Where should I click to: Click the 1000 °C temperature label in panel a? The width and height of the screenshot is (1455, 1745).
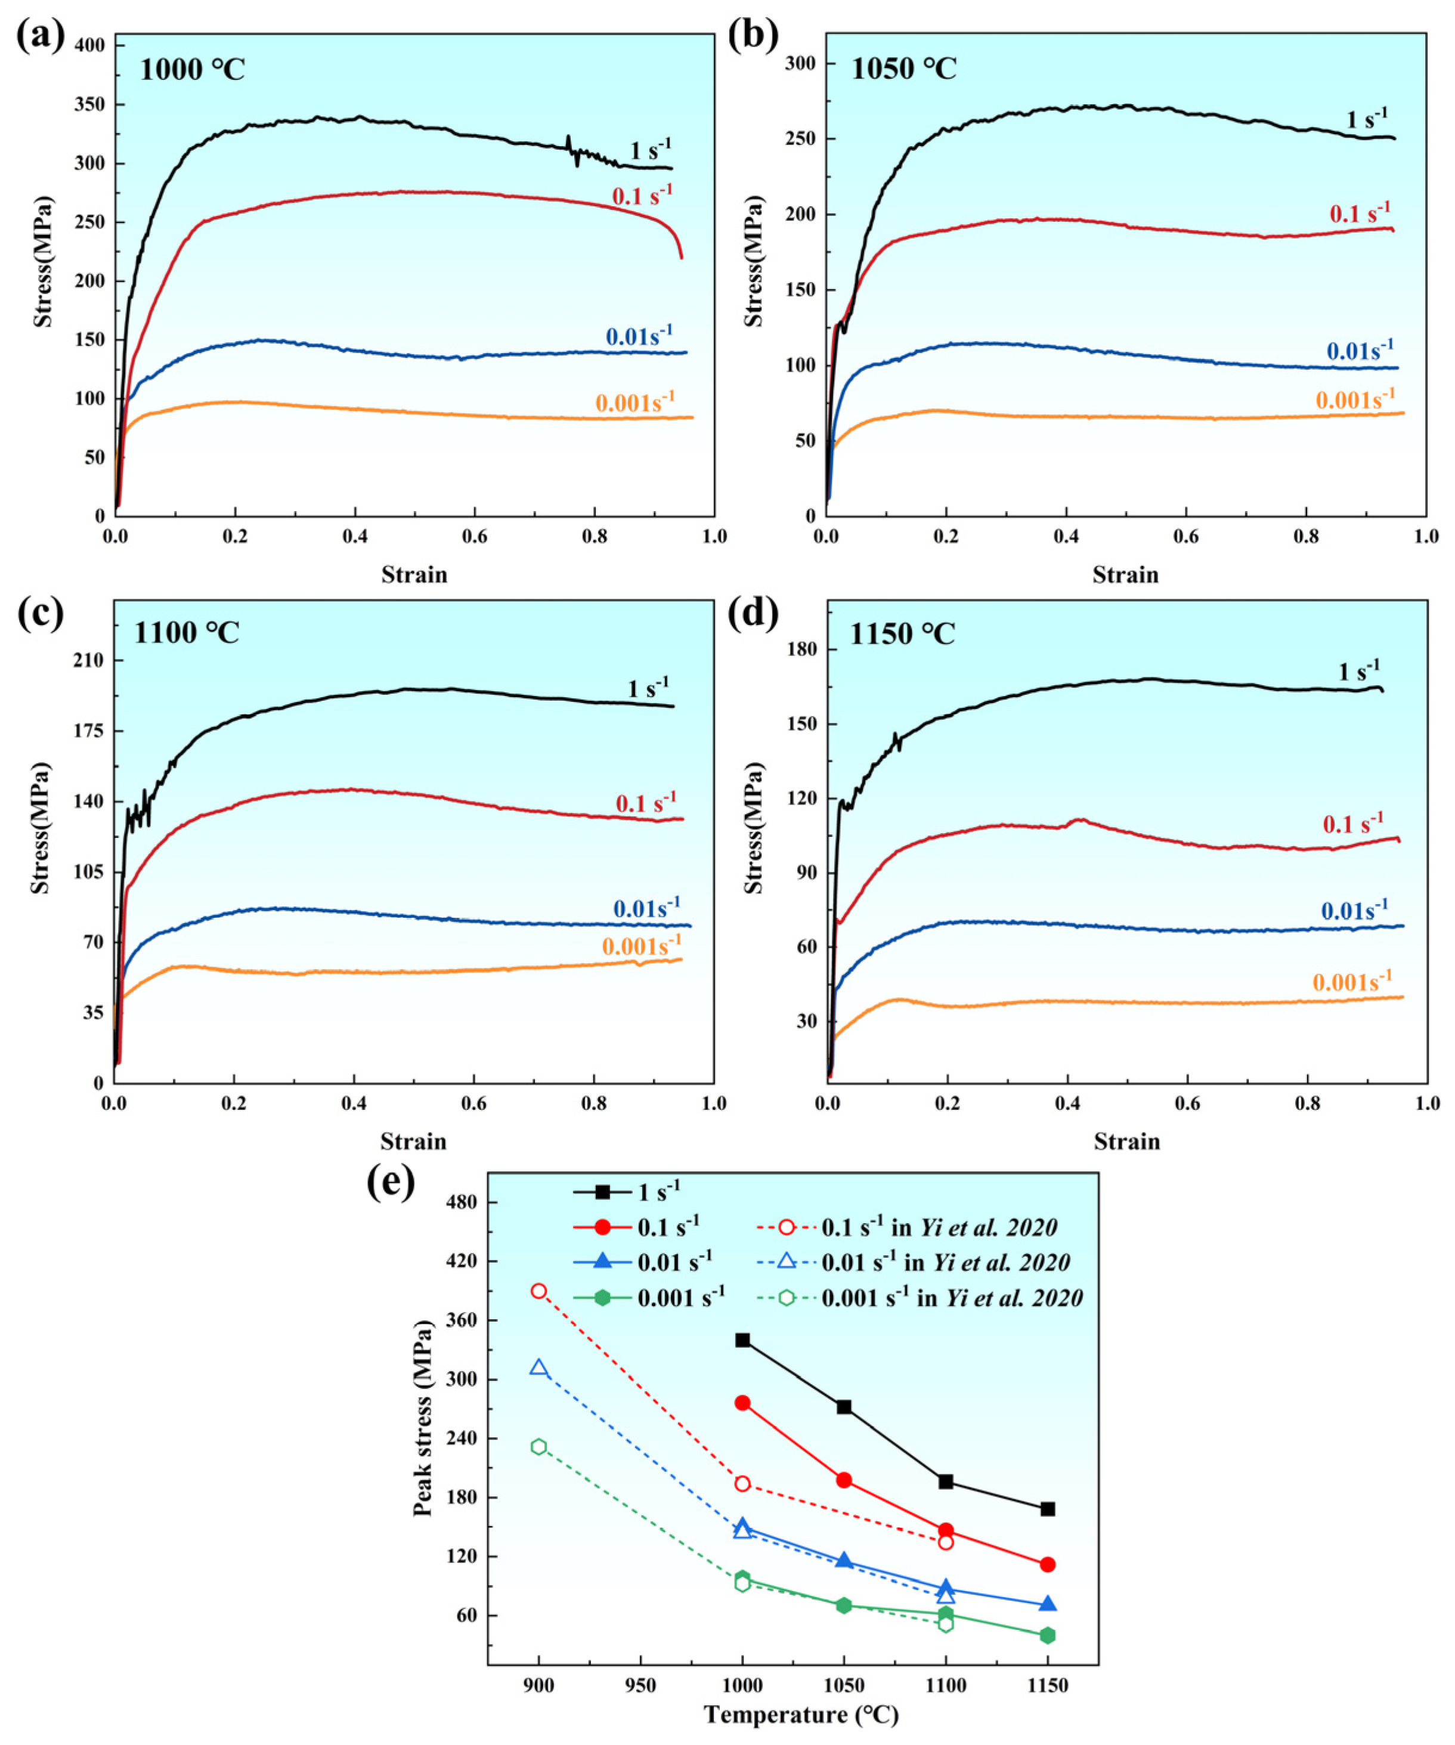click(x=192, y=70)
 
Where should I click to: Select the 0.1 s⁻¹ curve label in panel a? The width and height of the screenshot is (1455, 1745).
click(x=642, y=195)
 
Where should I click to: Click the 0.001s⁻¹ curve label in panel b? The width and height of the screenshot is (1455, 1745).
click(x=1354, y=400)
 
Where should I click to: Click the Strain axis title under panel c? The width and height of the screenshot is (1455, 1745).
click(x=413, y=1141)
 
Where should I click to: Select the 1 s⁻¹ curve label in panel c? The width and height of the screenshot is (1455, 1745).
click(x=648, y=688)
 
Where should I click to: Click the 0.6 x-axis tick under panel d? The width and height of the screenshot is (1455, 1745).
click(x=1187, y=1103)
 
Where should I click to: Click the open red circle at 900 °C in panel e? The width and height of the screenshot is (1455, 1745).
click(x=538, y=1291)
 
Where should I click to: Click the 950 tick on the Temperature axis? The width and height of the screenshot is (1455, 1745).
click(x=640, y=1686)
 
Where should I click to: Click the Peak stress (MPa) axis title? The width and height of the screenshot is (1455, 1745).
click(x=423, y=1418)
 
